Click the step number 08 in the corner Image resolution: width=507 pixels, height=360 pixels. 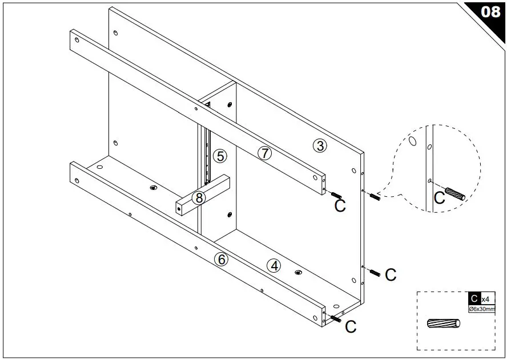490,12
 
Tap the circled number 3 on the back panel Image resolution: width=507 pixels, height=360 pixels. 320,145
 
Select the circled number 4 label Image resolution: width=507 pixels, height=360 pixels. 275,265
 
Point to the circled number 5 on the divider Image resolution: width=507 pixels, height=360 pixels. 220,155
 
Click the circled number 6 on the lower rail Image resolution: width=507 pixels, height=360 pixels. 222,259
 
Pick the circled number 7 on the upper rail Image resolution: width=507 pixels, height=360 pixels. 264,153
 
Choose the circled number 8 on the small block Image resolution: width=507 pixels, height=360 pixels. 199,198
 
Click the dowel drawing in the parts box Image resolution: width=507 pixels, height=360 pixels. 443,323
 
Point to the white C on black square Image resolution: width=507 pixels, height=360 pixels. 474,298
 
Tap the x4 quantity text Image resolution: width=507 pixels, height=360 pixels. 485,299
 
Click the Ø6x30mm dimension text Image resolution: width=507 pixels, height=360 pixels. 482,309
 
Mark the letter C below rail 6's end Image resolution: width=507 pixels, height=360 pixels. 351,327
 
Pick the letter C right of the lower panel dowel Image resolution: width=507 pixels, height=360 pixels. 391,275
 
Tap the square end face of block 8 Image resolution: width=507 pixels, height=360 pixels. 181,209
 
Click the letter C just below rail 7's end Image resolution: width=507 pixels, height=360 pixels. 340,206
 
